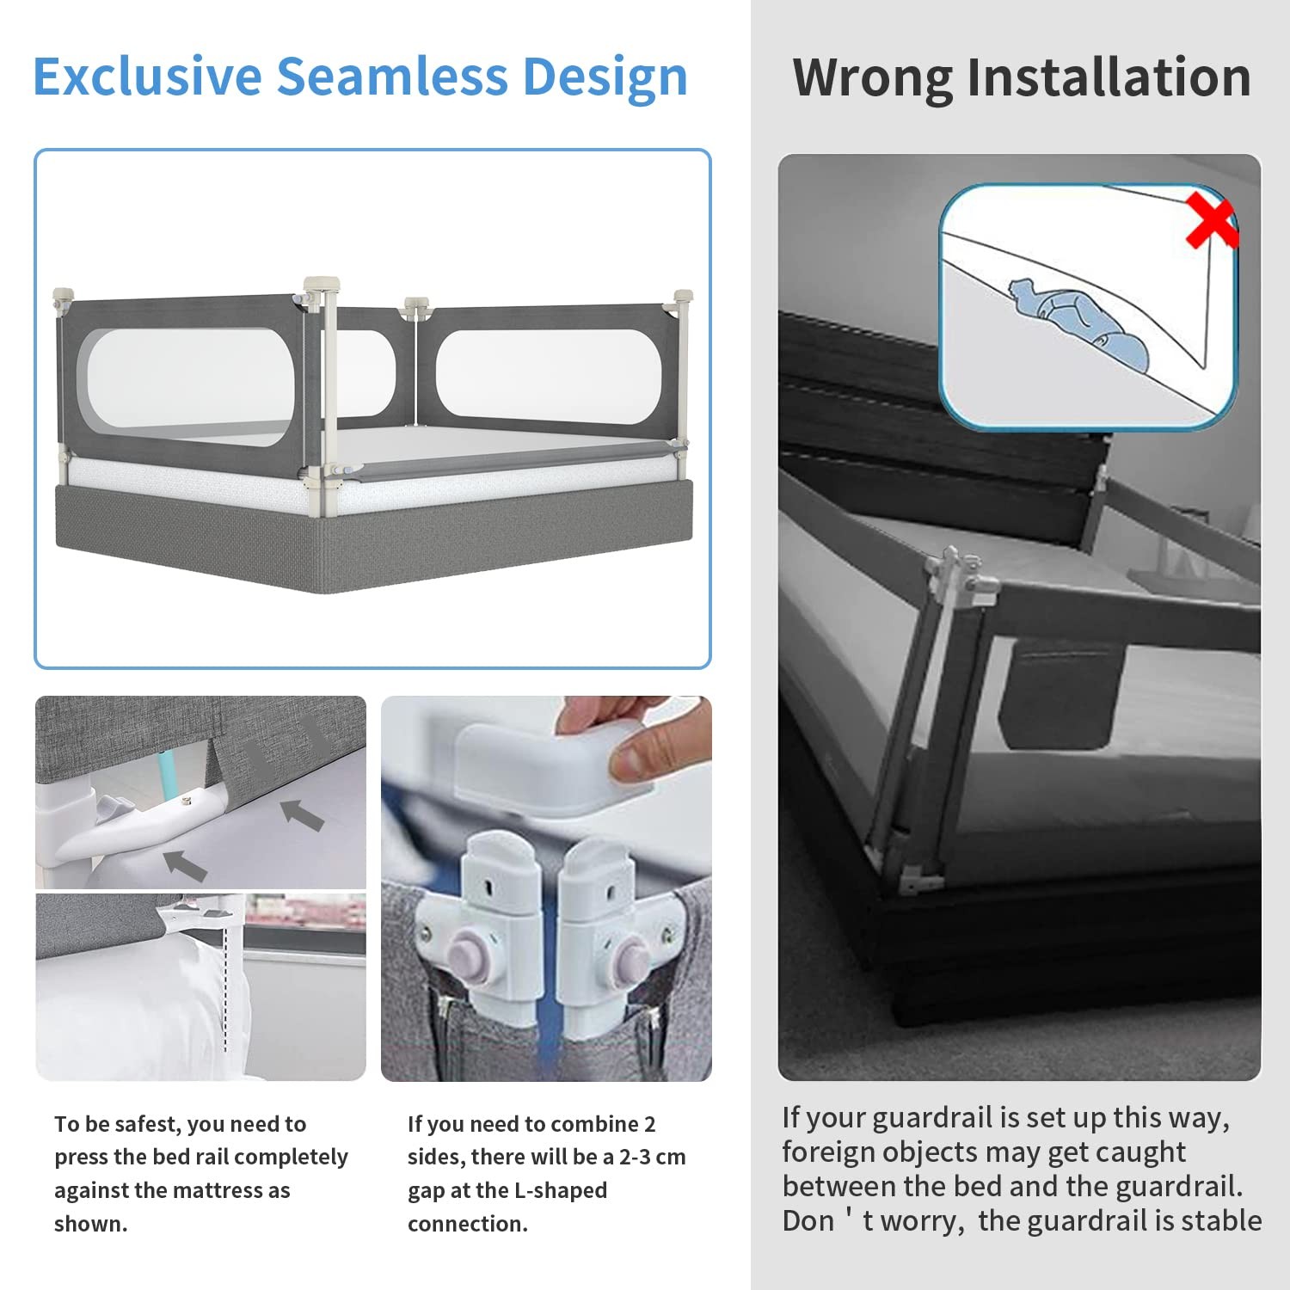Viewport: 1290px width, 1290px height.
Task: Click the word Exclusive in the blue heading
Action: tap(147, 76)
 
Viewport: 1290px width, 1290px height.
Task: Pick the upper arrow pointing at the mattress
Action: tap(302, 814)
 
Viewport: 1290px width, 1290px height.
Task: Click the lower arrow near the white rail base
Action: tap(185, 864)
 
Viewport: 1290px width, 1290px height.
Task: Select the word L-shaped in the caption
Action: tap(561, 1191)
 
